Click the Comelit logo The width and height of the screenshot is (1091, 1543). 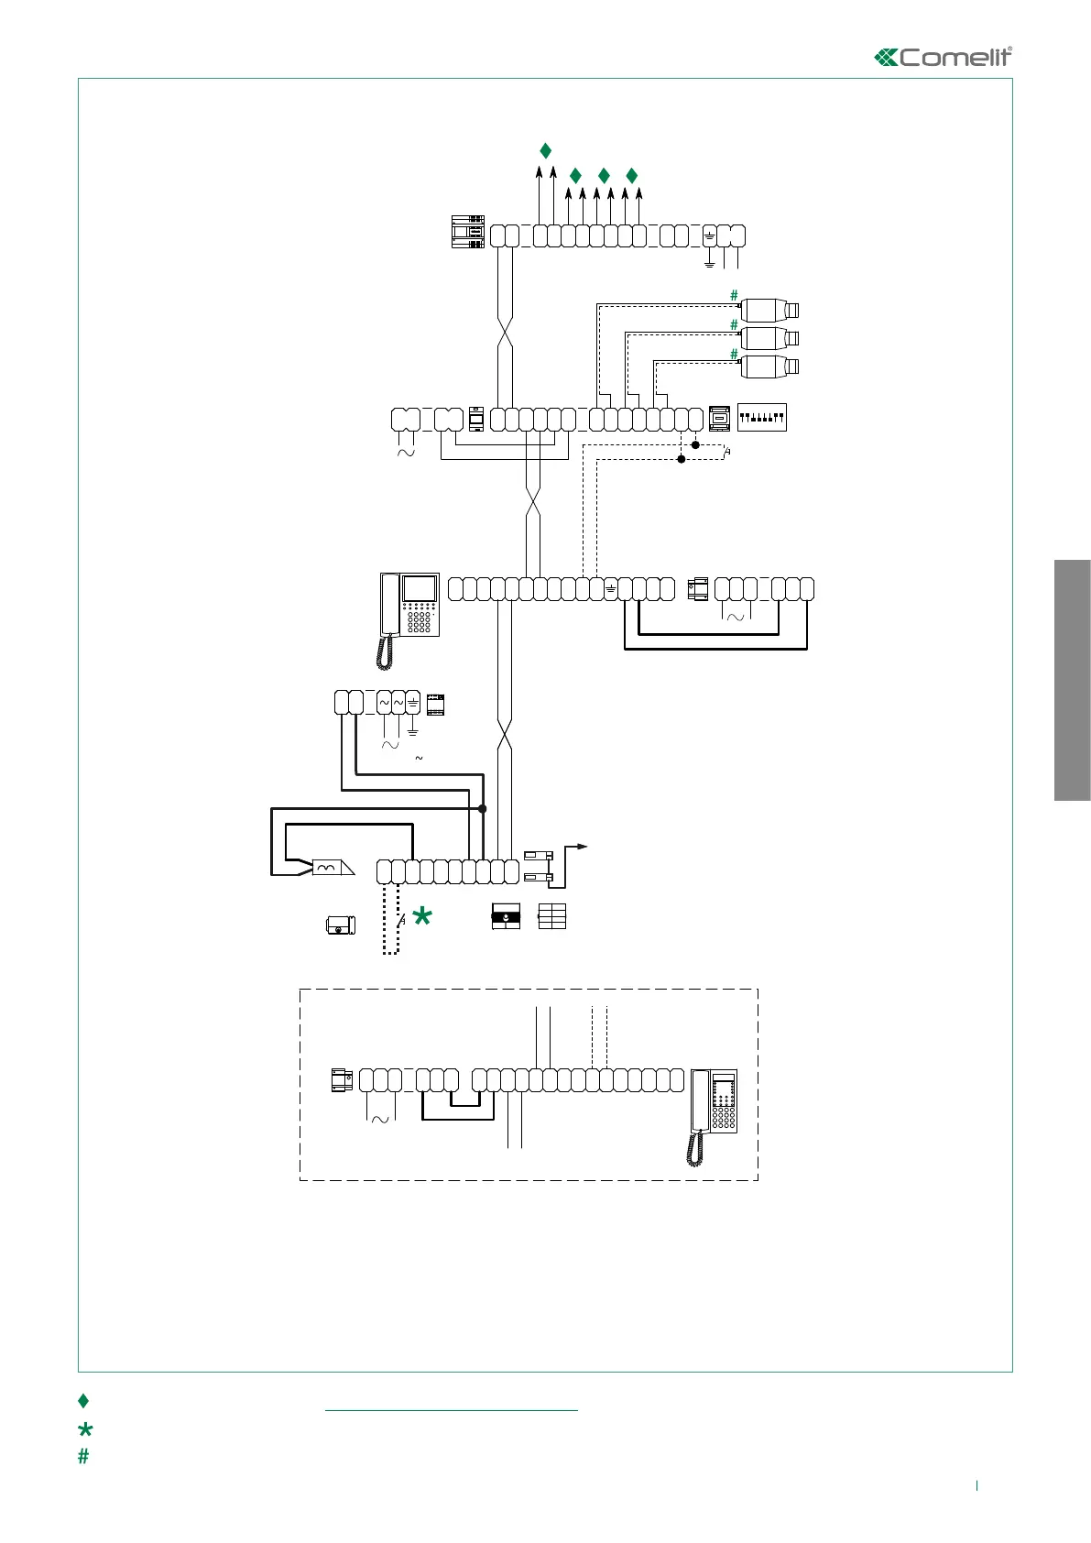click(944, 57)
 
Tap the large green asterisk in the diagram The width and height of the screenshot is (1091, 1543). click(422, 915)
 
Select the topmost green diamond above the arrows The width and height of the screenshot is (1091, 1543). click(545, 150)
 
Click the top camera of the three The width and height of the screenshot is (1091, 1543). click(769, 309)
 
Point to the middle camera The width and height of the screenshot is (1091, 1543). click(769, 338)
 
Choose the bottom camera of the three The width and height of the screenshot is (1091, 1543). click(769, 367)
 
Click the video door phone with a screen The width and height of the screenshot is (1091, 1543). click(410, 614)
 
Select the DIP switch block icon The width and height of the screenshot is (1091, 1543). click(761, 418)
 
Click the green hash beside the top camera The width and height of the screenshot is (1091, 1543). click(734, 295)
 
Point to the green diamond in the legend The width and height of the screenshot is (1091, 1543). click(83, 1400)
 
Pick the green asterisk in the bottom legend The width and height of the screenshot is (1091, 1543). click(85, 1429)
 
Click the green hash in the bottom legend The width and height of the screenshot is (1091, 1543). click(83, 1456)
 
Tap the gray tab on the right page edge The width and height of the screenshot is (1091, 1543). click(1072, 679)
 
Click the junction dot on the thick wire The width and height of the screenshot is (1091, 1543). click(483, 808)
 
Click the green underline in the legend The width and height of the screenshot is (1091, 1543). click(452, 1411)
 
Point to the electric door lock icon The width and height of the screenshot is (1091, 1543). click(340, 925)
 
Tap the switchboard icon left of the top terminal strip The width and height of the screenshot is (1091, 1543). click(468, 231)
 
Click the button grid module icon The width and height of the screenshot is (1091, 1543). click(552, 916)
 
